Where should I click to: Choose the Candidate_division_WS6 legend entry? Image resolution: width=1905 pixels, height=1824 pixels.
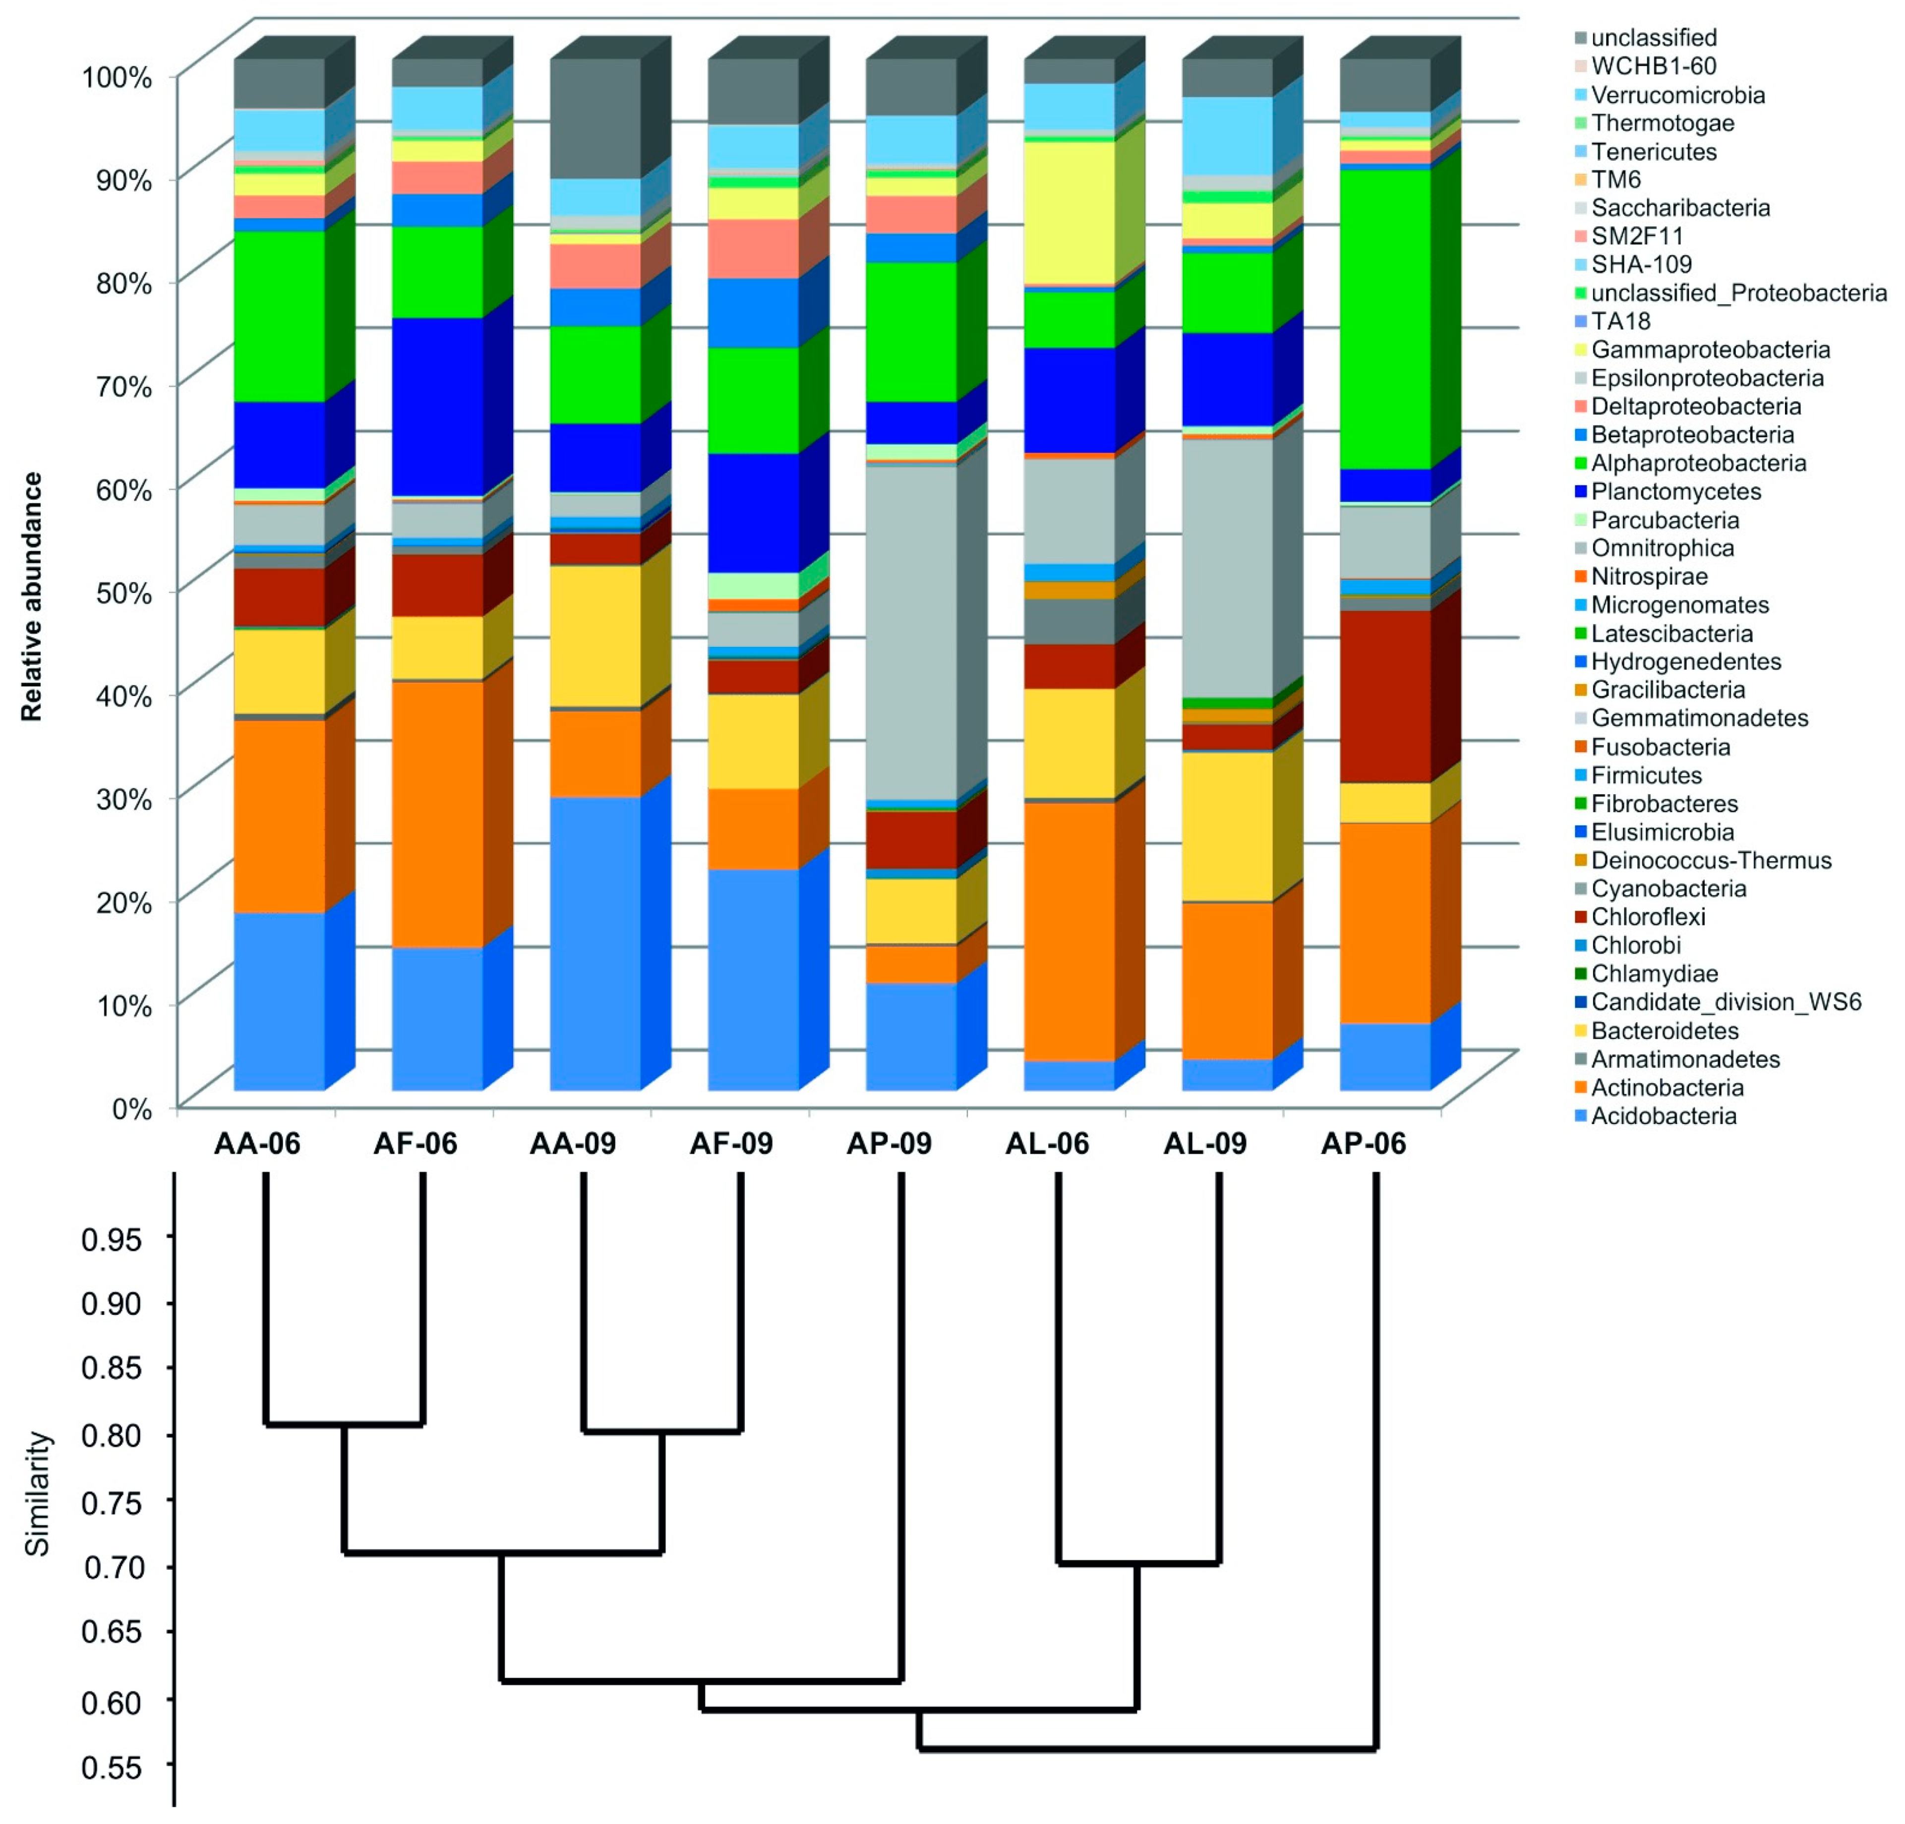(x=1725, y=1002)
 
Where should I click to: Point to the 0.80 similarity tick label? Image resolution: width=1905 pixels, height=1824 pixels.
(x=112, y=1434)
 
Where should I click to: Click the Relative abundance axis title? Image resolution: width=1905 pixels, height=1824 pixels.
(x=32, y=596)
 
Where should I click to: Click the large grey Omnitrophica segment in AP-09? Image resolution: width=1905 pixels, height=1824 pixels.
(x=911, y=632)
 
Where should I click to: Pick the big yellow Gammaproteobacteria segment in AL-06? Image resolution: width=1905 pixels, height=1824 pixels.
(x=1069, y=212)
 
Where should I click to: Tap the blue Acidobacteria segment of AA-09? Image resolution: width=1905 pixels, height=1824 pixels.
(x=595, y=942)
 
